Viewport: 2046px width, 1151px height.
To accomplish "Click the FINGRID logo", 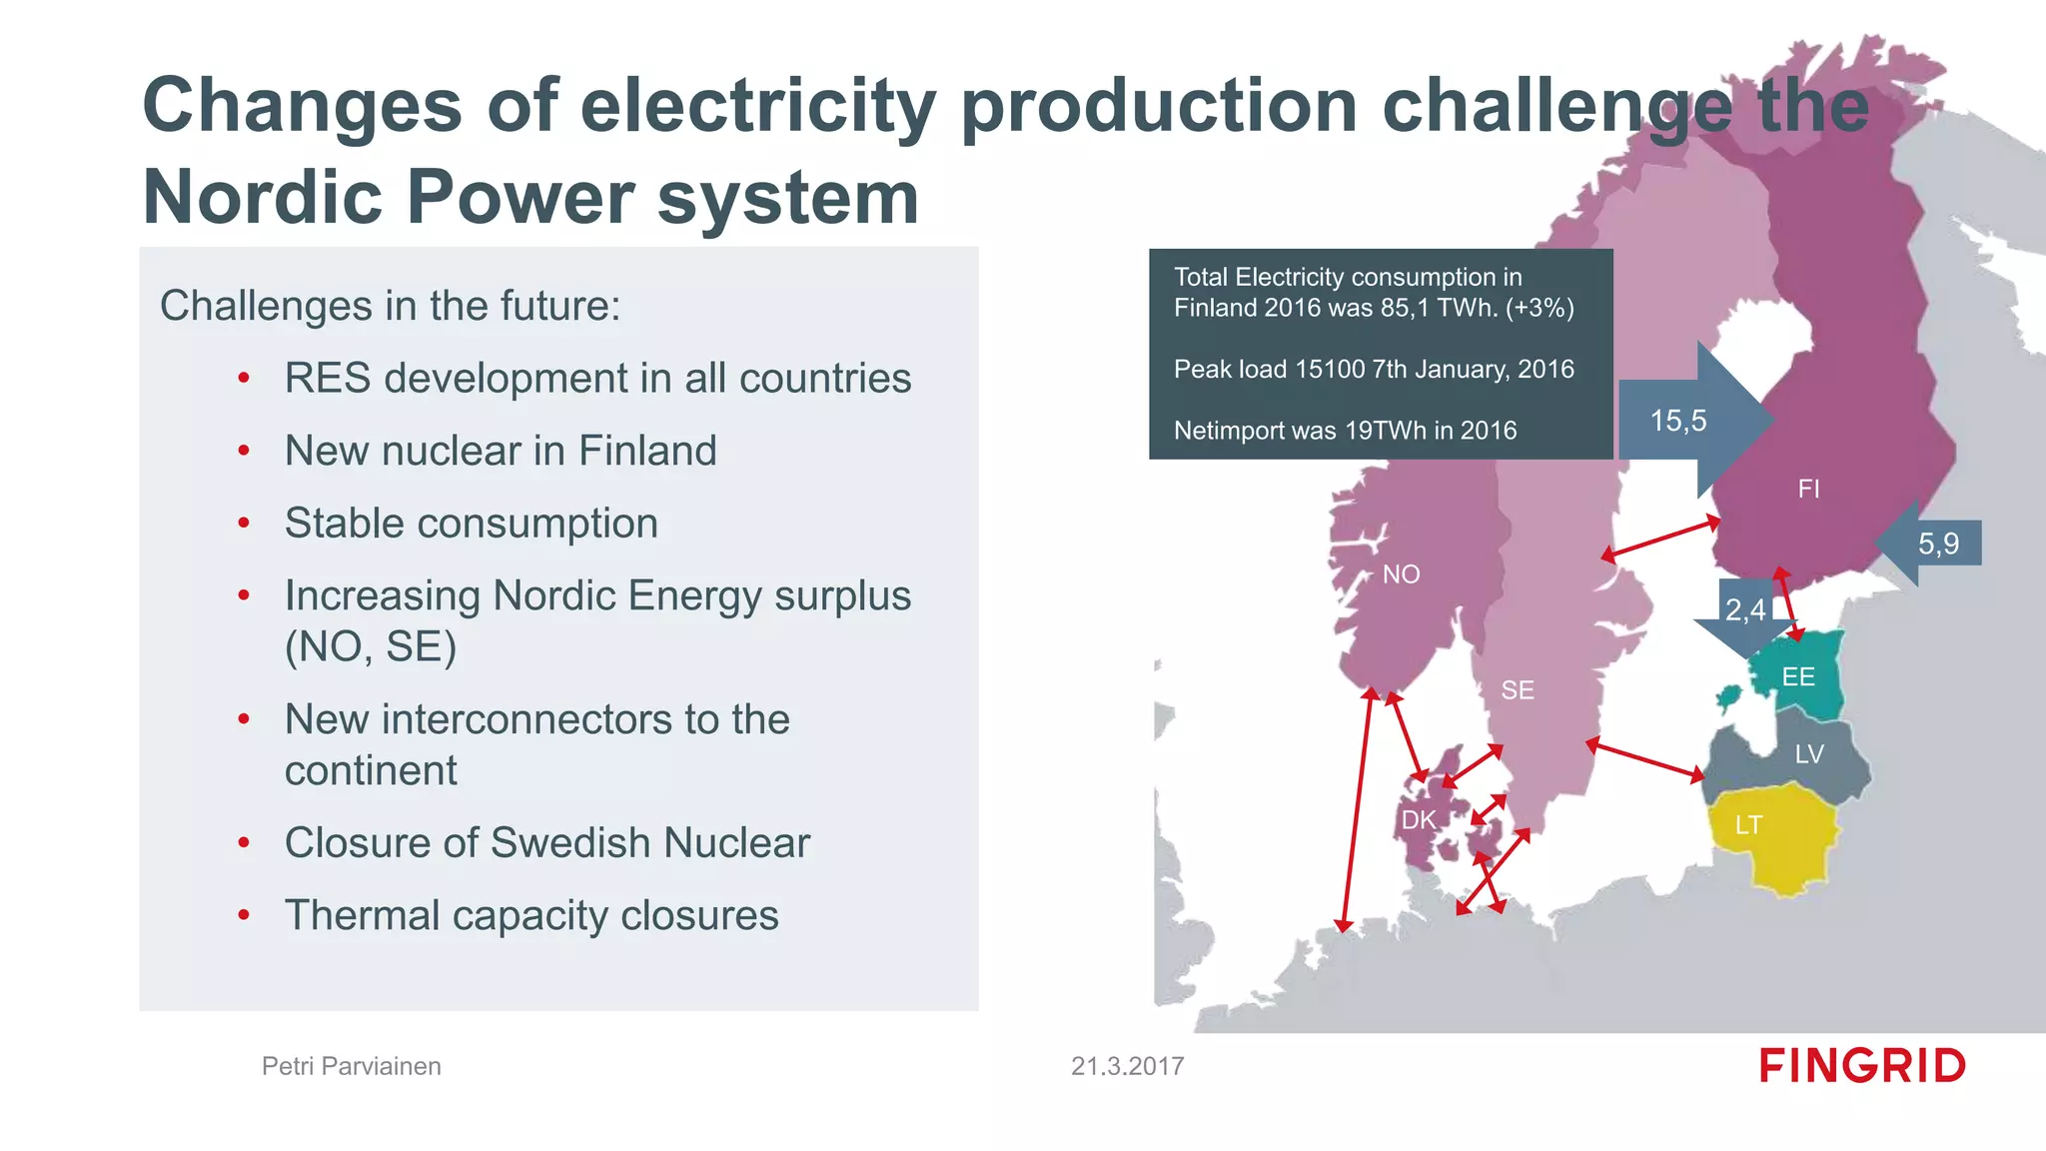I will coord(1862,1066).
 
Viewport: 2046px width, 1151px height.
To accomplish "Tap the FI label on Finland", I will coord(1808,489).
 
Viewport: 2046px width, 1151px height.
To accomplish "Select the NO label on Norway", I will coord(1401,575).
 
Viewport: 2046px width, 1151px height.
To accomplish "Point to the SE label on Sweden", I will coord(1518,690).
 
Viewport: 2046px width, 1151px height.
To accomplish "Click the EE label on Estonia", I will coord(1798,677).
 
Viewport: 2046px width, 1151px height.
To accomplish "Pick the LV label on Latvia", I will coord(1809,754).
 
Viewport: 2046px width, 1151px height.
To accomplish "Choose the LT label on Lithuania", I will coord(1748,825).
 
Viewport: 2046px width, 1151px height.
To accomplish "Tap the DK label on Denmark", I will coord(1418,820).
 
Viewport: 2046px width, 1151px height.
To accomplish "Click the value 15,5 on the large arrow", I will coord(1678,421).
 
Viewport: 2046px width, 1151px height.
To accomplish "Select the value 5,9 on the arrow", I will coord(1938,544).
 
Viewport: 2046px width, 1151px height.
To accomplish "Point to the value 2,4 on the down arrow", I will coord(1745,609).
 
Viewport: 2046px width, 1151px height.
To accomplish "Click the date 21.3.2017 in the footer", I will coord(1127,1066).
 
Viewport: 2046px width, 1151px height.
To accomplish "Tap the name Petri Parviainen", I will coord(352,1066).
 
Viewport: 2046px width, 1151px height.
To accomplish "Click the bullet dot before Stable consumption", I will coord(244,524).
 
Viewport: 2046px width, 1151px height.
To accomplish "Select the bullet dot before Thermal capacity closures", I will coord(244,915).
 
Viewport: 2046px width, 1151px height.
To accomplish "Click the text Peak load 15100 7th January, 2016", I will coord(1374,369).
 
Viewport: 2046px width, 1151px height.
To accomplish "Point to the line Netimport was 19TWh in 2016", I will coord(1345,431).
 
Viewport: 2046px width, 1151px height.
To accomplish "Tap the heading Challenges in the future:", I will coord(391,306).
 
